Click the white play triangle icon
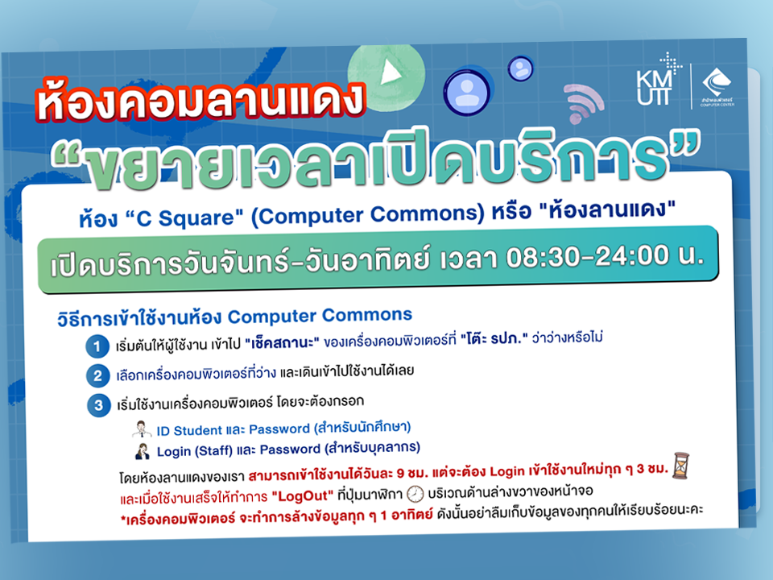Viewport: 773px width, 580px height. pyautogui.click(x=390, y=72)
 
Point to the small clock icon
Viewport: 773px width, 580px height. pyautogui.click(x=415, y=492)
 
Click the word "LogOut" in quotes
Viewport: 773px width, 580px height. pyautogui.click(x=307, y=492)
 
